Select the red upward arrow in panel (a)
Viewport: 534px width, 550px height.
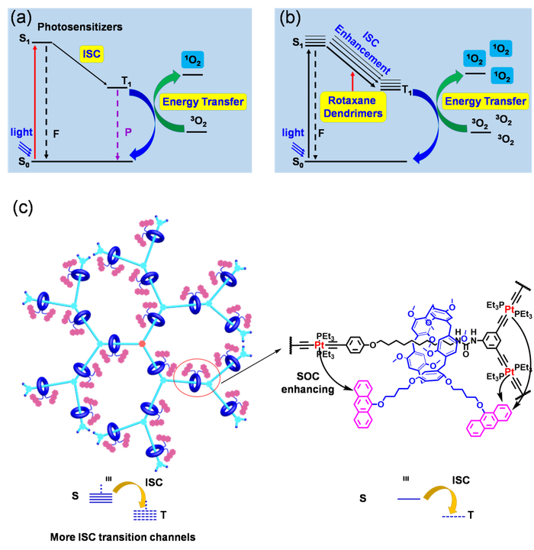point(33,100)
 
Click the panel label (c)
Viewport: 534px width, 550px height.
point(24,207)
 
